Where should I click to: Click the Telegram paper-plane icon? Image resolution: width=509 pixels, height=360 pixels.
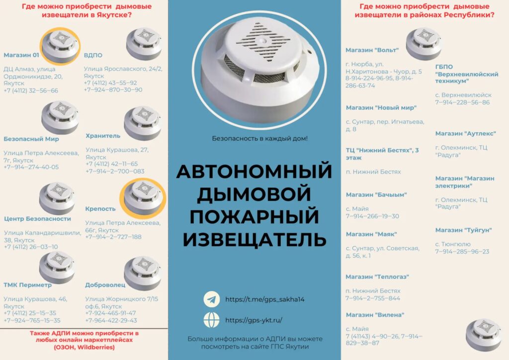[x=212, y=299]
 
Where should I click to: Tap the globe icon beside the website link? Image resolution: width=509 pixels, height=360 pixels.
[x=212, y=320]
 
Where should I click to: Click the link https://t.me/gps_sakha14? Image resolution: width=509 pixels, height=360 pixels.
[x=265, y=299]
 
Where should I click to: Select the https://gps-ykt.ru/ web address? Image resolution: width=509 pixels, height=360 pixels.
[x=254, y=320]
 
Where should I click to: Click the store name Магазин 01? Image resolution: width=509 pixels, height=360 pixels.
[x=21, y=55]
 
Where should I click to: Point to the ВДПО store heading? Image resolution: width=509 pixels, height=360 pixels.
[x=93, y=55]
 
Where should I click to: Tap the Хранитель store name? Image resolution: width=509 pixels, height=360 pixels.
[x=103, y=136]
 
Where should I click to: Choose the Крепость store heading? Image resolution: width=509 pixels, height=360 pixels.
[x=100, y=209]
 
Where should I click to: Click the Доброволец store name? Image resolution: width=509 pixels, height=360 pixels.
[x=105, y=285]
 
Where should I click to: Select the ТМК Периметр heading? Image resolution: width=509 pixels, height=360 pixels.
[x=28, y=285]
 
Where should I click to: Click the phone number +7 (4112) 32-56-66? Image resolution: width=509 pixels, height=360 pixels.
[x=31, y=90]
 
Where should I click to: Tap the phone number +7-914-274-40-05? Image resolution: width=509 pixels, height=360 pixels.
[x=31, y=167]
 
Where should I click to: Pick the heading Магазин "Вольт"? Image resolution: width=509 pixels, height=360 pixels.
[x=372, y=50]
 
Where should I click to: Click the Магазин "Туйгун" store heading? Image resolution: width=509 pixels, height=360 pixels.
[x=464, y=230]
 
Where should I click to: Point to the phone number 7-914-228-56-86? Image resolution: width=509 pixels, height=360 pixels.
[x=462, y=102]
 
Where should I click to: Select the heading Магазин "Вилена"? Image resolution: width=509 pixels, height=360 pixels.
[x=375, y=315]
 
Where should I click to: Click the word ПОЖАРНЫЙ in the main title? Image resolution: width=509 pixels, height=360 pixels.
[x=254, y=216]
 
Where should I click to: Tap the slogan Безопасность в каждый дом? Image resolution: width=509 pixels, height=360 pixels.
[x=259, y=139]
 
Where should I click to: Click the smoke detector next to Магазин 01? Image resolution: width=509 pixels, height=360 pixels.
[x=60, y=46]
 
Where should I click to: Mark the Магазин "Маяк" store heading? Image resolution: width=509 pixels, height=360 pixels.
[x=371, y=234]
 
